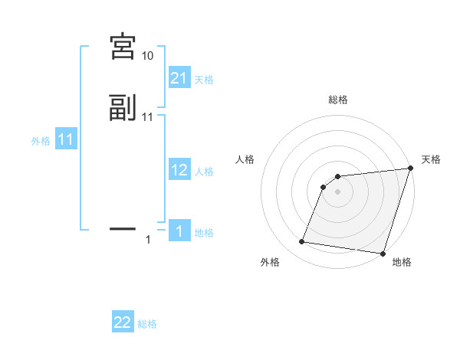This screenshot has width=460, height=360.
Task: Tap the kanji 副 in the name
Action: point(122,108)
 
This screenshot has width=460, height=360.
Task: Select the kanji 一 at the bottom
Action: point(122,228)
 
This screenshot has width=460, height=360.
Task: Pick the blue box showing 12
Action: point(179,170)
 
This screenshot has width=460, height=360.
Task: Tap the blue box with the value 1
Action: point(179,231)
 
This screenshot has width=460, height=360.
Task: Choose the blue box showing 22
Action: point(123,323)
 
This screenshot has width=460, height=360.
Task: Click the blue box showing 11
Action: point(65,140)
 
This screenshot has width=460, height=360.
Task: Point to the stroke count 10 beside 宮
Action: point(147,56)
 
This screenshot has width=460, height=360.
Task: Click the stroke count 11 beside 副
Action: point(147,117)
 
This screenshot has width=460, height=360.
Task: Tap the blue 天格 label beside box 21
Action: point(205,79)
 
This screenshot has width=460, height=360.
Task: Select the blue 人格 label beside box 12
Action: point(205,172)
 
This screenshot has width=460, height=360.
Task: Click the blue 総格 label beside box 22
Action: point(147,325)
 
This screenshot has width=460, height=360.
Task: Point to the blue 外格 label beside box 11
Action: point(41,141)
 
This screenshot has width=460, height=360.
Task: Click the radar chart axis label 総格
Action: point(337,100)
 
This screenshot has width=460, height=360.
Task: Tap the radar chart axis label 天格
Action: point(431,159)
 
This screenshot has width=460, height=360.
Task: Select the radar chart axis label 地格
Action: point(402,262)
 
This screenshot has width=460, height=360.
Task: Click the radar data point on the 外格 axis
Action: point(302,242)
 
